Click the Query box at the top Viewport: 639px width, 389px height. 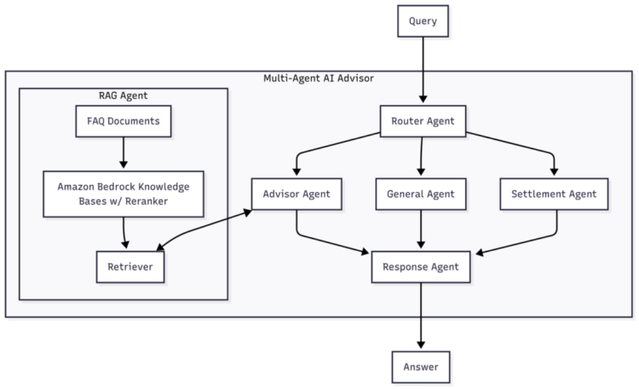pos(422,21)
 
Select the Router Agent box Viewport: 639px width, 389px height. pos(422,121)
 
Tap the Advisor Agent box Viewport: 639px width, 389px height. pos(296,194)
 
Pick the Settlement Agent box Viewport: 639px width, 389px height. pos(554,194)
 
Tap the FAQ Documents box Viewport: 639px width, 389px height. pos(124,121)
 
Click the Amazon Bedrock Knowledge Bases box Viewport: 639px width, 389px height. pos(124,194)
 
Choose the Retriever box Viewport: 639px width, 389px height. pos(130,267)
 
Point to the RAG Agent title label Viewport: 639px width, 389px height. pos(124,96)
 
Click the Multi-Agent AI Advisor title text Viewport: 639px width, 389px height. pos(318,78)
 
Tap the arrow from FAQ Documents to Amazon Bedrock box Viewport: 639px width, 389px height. pos(124,154)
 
